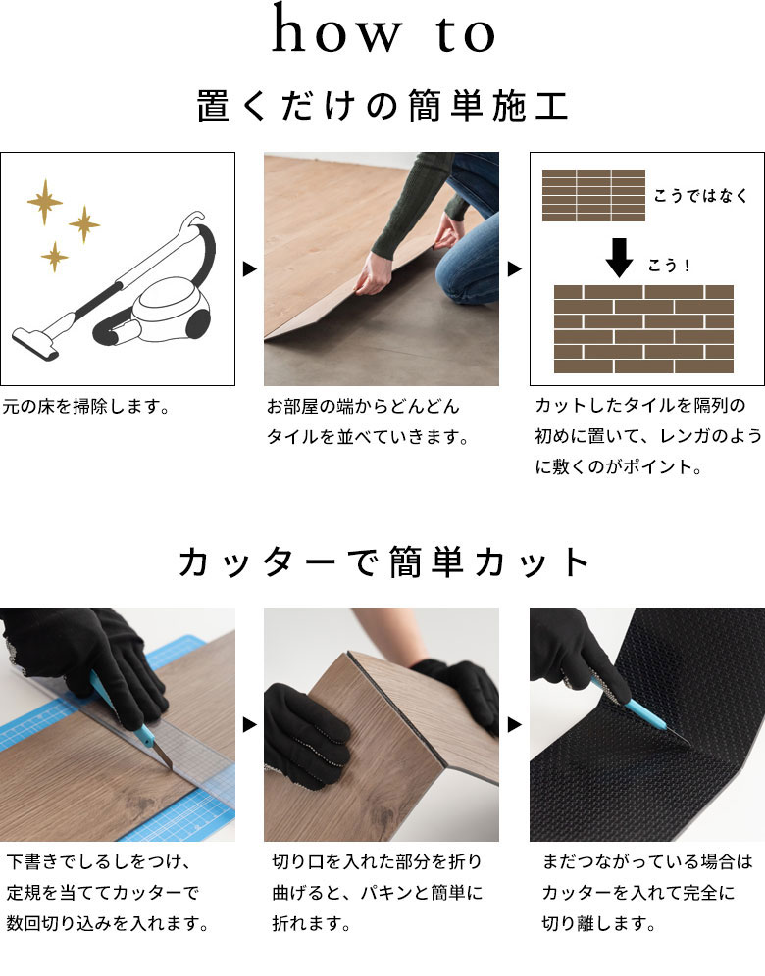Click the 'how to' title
[x=383, y=28]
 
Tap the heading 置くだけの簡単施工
[x=382, y=105]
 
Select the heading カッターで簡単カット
[x=382, y=562]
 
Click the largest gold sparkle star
[x=45, y=201]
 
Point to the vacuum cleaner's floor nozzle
[x=35, y=343]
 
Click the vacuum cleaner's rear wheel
[x=198, y=323]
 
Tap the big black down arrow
[x=619, y=257]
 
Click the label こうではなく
[x=700, y=196]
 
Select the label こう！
[x=669, y=266]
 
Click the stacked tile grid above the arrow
[x=593, y=195]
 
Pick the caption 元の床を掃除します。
[x=86, y=407]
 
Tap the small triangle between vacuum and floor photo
[x=250, y=268]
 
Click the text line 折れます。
[x=311, y=923]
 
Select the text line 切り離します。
[x=598, y=923]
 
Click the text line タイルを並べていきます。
[x=368, y=437]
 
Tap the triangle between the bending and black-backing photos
[x=515, y=724]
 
